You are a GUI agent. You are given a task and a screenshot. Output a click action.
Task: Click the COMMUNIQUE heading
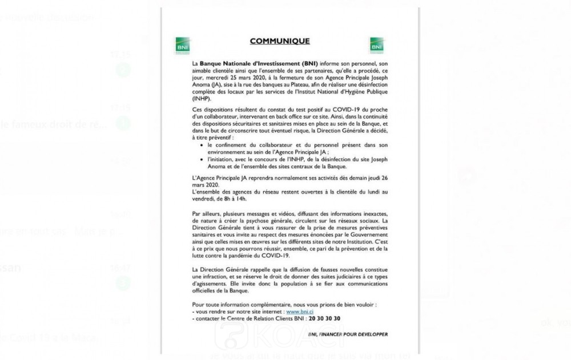[x=280, y=41]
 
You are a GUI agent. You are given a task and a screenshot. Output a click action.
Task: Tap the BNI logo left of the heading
[x=183, y=45]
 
